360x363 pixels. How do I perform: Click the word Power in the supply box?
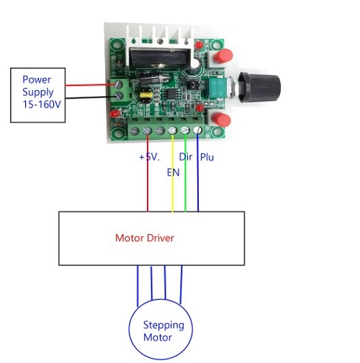pyautogui.click(x=37, y=80)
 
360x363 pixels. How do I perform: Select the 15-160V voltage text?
pyautogui.click(x=42, y=104)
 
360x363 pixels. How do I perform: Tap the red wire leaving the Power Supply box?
pyautogui.click(x=91, y=85)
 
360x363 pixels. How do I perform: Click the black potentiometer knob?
pyautogui.click(x=259, y=87)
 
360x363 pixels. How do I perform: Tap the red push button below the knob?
pyautogui.click(x=221, y=120)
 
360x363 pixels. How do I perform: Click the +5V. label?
pyautogui.click(x=149, y=157)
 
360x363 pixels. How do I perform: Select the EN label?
pyautogui.click(x=174, y=172)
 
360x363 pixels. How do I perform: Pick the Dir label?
pyautogui.click(x=186, y=157)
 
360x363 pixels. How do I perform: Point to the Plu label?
pyautogui.click(x=207, y=157)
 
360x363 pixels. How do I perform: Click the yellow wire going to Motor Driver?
pyautogui.click(x=172, y=174)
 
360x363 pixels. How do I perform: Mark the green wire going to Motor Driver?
pyautogui.click(x=185, y=173)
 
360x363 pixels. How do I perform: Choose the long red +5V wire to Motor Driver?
pyautogui.click(x=148, y=174)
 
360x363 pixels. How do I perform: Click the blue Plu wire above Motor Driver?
pyautogui.click(x=198, y=173)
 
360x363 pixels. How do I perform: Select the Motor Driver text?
pyautogui.click(x=145, y=238)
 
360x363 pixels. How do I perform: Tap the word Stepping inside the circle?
pyautogui.click(x=163, y=326)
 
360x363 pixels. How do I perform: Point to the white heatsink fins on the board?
pyautogui.click(x=160, y=35)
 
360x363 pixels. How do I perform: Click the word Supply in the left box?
pyautogui.click(x=38, y=92)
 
